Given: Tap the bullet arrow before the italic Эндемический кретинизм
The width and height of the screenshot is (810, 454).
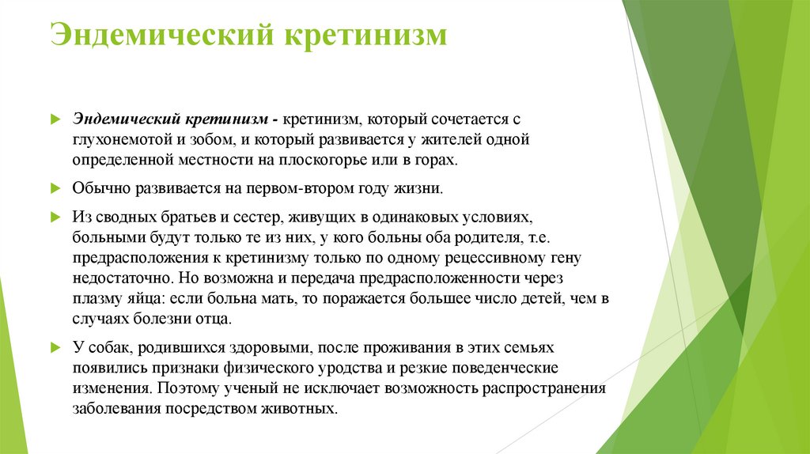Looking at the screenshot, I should (55, 119).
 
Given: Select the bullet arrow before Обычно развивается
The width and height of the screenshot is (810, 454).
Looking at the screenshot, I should (55, 189).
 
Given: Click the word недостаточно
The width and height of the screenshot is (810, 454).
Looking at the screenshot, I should (114, 278).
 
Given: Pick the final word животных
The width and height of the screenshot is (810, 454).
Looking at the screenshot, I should (305, 410).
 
